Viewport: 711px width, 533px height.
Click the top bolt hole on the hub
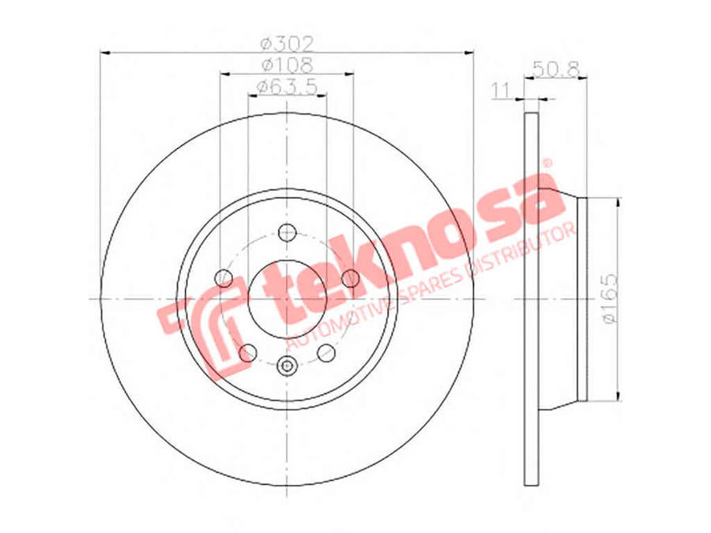point(287,233)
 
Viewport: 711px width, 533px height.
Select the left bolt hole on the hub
point(224,278)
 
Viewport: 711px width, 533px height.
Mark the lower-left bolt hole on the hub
point(248,352)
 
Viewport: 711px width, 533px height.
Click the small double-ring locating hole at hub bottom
point(287,365)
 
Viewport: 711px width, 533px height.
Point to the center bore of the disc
point(287,298)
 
